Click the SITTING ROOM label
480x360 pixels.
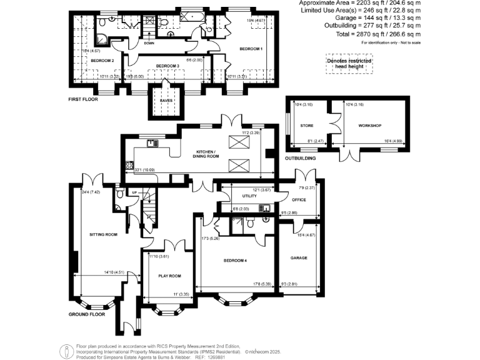click(x=103, y=235)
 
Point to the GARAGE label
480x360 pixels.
click(x=299, y=257)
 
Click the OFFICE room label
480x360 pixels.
click(x=299, y=200)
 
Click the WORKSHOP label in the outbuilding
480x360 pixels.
click(x=369, y=126)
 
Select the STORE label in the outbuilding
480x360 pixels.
click(x=306, y=126)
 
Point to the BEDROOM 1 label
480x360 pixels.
click(x=252, y=49)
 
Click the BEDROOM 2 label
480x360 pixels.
click(x=102, y=61)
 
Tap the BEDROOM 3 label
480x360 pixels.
click(x=167, y=66)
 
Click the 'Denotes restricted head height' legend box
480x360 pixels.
click(x=348, y=64)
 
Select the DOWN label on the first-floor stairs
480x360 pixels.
click(x=149, y=43)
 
